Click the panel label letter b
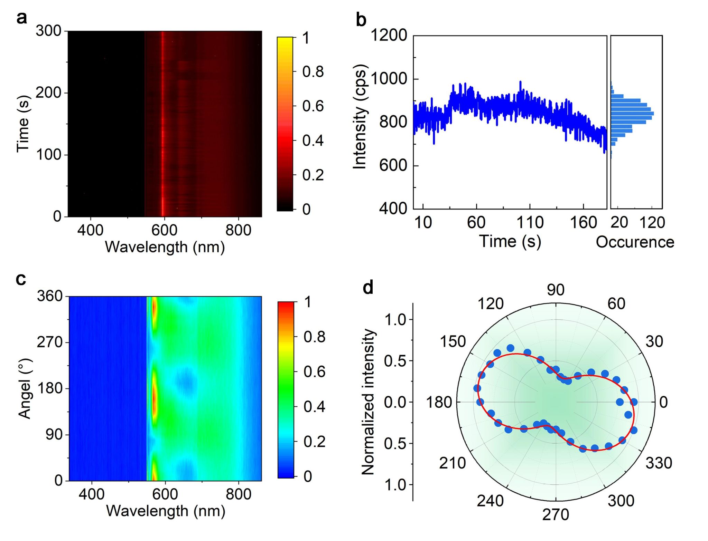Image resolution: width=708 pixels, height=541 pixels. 361,20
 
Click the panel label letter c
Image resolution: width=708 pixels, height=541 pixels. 21,279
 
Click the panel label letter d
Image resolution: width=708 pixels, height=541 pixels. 368,287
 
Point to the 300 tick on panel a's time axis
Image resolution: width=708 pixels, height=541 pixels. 49,31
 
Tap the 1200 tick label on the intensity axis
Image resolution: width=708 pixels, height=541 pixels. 389,35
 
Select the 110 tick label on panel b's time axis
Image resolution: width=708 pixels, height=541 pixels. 530,223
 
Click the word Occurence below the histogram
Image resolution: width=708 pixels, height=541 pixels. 635,242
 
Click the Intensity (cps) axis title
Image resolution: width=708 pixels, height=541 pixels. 360,117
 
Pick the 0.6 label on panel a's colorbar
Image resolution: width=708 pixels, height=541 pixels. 313,106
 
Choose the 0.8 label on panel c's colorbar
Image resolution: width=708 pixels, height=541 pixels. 314,337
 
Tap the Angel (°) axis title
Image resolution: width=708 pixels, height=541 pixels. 25,388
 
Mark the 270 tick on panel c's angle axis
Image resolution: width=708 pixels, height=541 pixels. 50,342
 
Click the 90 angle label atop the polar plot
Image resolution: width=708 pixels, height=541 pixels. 556,290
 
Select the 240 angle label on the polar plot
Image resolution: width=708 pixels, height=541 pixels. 490,501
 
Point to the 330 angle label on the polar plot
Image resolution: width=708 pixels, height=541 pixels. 659,463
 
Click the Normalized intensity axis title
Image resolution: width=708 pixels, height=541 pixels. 368,402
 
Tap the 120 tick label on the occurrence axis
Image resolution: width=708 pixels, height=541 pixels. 652,223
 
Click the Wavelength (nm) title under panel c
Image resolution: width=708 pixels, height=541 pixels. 166,511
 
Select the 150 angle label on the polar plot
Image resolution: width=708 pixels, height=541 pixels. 453,341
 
